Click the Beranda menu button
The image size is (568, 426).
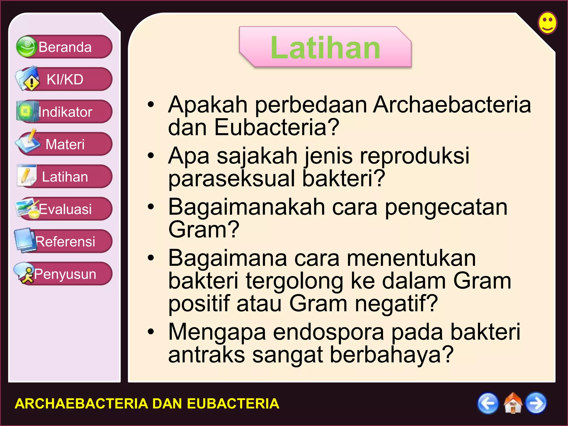pos(65,47)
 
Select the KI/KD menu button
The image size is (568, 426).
pos(65,79)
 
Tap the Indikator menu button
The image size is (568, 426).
pos(65,112)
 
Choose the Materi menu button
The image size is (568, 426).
pos(65,144)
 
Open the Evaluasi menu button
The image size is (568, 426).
pos(65,209)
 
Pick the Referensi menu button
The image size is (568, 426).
pos(65,242)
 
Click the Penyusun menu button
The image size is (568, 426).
pos(65,274)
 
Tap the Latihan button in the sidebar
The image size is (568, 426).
pos(65,177)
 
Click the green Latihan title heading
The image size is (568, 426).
pos(325,48)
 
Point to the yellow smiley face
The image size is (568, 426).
pos(547,23)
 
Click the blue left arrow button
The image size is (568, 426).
pos(488,403)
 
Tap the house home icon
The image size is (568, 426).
pos(513,403)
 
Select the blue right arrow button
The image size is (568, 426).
pos(536,403)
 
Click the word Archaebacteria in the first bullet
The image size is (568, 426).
pos(452,105)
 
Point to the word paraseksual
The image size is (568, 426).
pos(232,179)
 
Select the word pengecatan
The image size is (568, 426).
pos(446,207)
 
